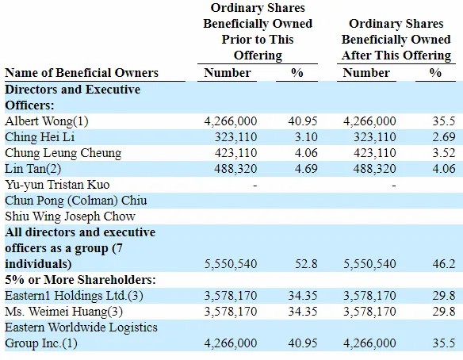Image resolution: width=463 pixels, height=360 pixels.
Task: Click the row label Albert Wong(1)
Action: pos(47,121)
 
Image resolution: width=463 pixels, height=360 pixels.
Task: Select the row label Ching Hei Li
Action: pos(40,137)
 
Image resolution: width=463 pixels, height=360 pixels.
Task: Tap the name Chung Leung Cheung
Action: pos(63,153)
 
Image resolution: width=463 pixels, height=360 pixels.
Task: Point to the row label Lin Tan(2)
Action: pos(33,169)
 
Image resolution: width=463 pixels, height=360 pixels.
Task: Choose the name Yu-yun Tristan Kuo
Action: pos(57,185)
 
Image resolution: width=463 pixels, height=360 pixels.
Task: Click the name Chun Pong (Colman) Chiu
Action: pos(76,201)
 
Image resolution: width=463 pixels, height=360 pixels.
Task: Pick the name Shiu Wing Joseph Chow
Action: pos(70,216)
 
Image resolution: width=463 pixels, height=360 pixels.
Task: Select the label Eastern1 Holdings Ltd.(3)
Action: pos(74,296)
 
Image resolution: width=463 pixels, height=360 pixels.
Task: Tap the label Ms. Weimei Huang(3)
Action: pos(63,312)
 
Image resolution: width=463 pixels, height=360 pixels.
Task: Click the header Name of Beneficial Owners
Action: pos(82,73)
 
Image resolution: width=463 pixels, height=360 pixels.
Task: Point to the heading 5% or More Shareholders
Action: pos(80,280)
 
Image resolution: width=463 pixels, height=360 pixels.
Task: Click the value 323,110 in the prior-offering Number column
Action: pos(235,137)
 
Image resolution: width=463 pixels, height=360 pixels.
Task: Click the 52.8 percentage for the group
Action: pos(306,264)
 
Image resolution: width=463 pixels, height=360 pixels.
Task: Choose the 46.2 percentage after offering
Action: pos(444,264)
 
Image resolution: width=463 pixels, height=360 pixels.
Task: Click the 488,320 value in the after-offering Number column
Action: pos(374,169)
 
